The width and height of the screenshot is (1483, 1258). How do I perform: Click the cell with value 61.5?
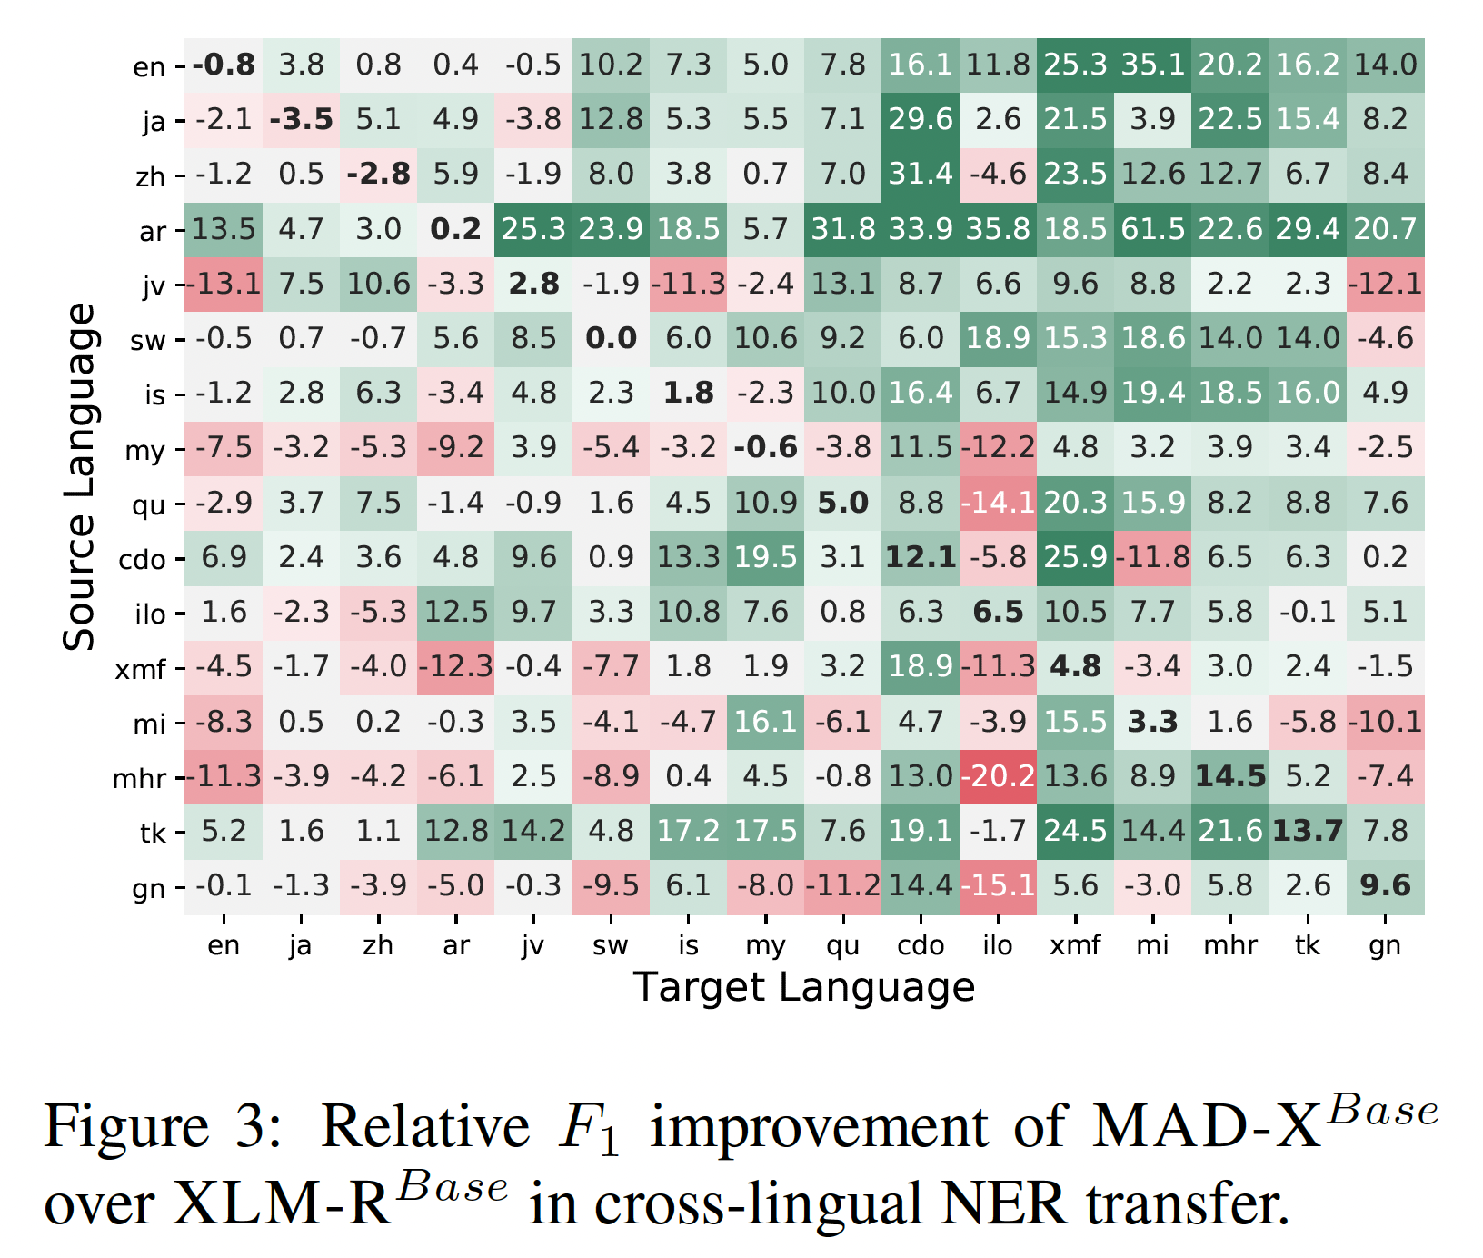1152,229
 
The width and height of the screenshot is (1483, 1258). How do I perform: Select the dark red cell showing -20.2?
998,776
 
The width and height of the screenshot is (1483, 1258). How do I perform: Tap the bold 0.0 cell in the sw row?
611,338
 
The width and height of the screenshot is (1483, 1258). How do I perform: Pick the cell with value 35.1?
1152,65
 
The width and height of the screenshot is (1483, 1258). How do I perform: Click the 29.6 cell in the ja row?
921,119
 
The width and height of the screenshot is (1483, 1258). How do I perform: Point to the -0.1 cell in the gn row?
224,885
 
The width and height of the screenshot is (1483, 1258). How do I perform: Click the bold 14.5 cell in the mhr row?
1229,776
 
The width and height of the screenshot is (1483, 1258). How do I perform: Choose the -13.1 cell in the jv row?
224,284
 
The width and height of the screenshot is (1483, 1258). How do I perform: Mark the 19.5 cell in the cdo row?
765,557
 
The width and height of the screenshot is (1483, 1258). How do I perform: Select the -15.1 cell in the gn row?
998,885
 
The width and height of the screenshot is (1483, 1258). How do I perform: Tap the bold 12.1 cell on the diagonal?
921,557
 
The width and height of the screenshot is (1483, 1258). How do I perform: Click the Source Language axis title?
79,476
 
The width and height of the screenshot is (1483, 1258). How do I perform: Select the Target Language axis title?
804,987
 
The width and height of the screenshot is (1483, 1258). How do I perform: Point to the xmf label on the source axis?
141,670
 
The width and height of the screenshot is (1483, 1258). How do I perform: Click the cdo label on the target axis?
921,946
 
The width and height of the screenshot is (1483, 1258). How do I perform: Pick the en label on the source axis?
149,67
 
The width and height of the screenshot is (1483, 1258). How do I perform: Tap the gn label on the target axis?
1385,946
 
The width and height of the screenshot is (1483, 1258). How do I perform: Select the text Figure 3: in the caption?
164,1127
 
